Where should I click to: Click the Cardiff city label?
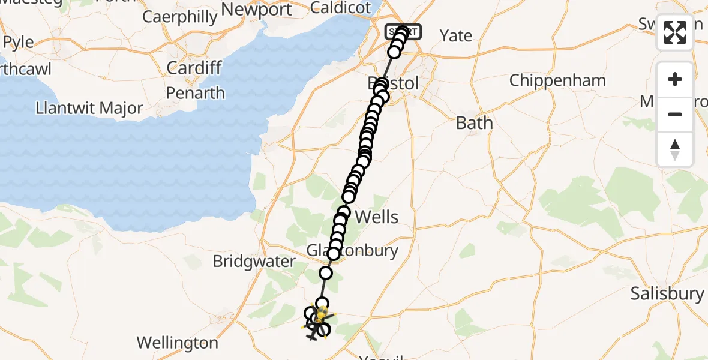(x=194, y=67)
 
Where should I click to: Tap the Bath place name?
(x=474, y=123)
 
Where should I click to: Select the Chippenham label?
(x=557, y=80)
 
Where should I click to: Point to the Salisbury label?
(x=667, y=293)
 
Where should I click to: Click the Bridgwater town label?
(x=254, y=262)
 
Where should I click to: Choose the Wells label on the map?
(x=377, y=217)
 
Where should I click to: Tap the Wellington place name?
(x=177, y=343)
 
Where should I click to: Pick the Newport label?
(x=256, y=10)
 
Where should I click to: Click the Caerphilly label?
(x=179, y=17)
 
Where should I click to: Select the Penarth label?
(x=196, y=93)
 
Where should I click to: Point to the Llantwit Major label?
(x=89, y=109)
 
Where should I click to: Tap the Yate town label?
(x=456, y=35)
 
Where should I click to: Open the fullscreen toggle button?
(x=675, y=32)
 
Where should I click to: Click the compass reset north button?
(x=675, y=149)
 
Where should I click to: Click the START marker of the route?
(x=403, y=30)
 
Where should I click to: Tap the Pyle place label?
(x=19, y=43)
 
